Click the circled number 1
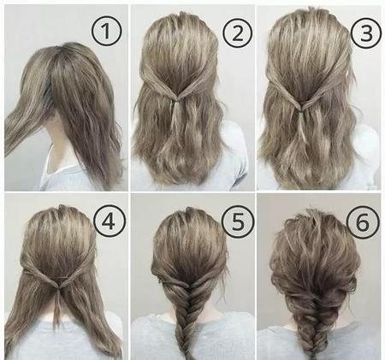[106, 32]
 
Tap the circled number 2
[238, 32]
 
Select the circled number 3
[366, 33]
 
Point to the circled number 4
[110, 221]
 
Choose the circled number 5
[238, 221]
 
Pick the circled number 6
[363, 222]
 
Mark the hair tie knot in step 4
[58, 287]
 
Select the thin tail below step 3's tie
[303, 127]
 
